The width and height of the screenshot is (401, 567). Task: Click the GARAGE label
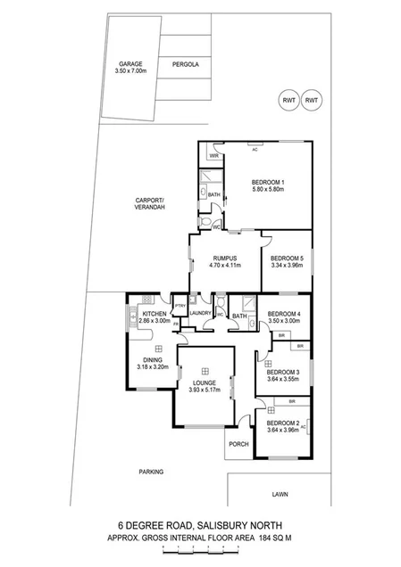pos(129,64)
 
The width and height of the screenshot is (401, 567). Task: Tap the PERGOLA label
pos(186,65)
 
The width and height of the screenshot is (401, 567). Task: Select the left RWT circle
pos(288,101)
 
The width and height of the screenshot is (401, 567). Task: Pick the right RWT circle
pos(312,101)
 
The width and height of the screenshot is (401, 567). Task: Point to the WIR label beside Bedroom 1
pos(214,156)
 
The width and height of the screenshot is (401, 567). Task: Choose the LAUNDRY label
pos(201,313)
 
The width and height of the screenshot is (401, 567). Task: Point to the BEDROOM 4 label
pos(285,313)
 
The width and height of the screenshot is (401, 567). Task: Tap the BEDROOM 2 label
pos(282,423)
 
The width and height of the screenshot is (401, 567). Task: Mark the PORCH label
pos(238,443)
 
